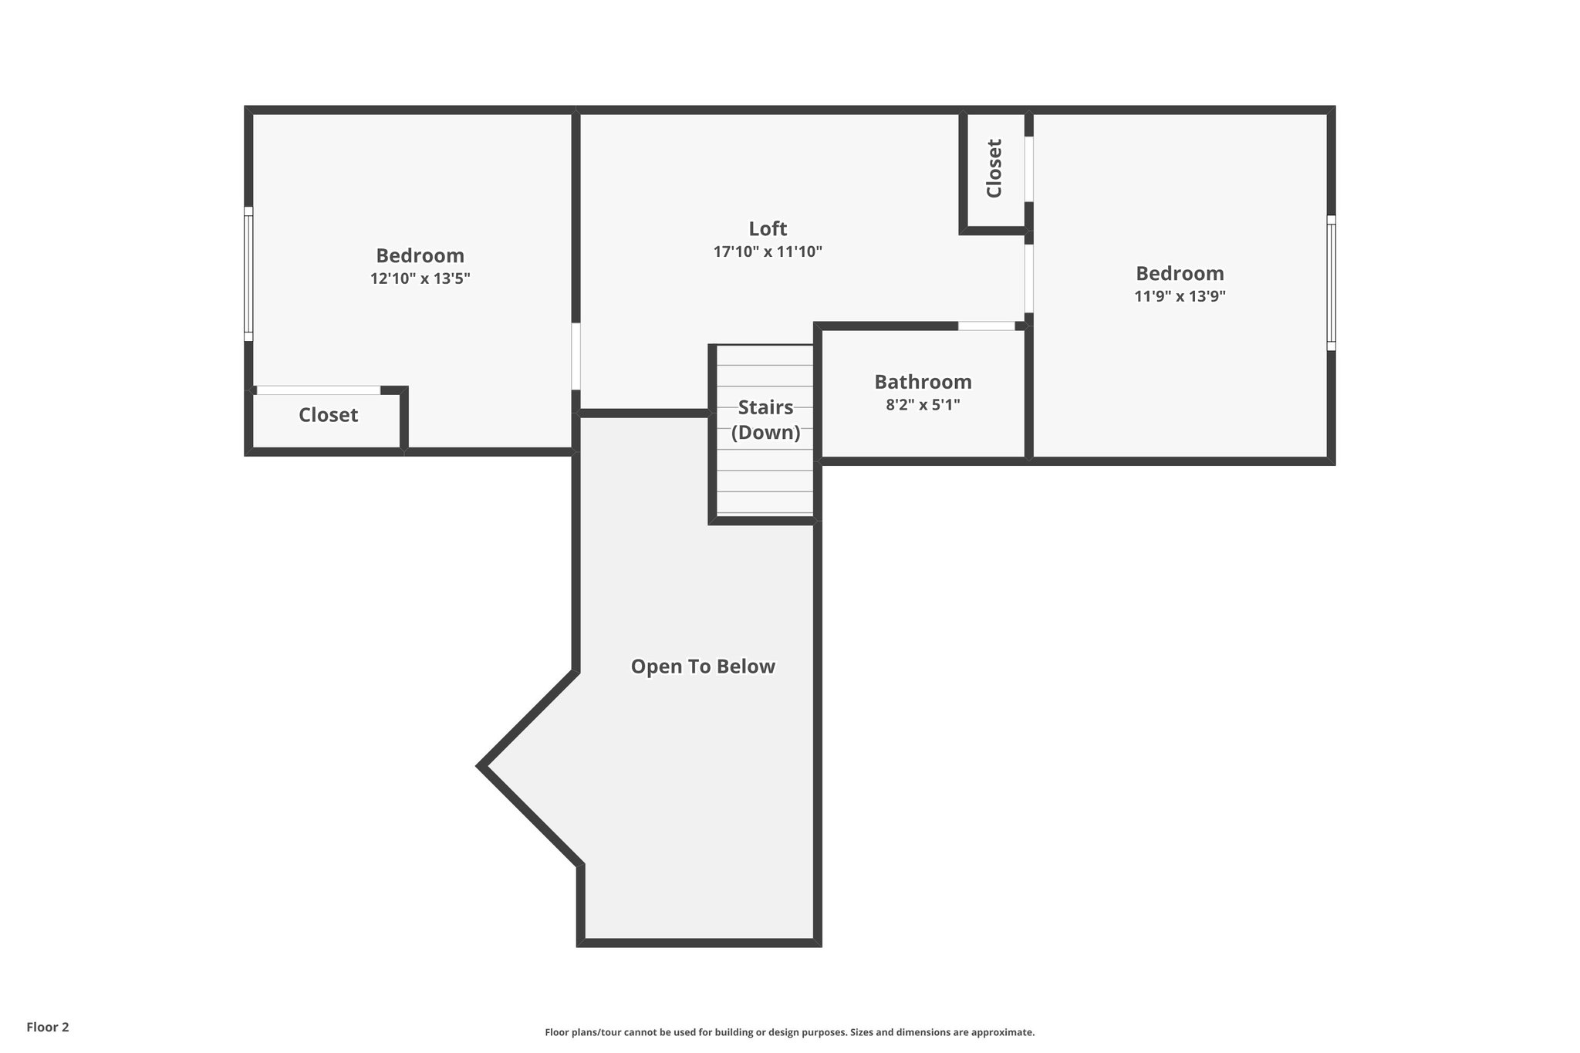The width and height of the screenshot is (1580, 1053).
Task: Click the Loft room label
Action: pos(768,228)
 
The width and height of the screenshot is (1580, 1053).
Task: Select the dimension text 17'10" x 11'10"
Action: pos(768,251)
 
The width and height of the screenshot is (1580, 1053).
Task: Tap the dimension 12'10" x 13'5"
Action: pos(420,278)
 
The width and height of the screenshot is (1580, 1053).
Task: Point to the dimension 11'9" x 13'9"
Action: pos(1180,296)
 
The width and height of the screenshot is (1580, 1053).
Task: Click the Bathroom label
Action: pos(923,382)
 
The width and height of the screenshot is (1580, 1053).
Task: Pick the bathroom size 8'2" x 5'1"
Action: pos(923,404)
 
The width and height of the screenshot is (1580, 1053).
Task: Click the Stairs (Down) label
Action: pos(765,420)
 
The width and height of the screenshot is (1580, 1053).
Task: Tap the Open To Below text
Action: pos(703,667)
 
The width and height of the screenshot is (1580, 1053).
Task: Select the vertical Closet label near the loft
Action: pos(994,168)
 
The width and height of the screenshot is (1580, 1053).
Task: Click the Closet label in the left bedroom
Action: pos(328,415)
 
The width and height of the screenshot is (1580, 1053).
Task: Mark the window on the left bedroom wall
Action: pos(248,274)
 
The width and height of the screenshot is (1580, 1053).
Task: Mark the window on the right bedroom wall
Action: pos(1331,283)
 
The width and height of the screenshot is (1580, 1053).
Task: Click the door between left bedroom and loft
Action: pos(576,356)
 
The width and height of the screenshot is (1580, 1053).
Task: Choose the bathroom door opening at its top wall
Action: pos(986,326)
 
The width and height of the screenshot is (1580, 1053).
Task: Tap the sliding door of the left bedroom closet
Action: pos(318,390)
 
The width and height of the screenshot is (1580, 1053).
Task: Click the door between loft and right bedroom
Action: pos(1028,278)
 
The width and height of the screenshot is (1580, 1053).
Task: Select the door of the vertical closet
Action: pos(1028,169)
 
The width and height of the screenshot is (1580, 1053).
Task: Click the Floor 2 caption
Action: pos(48,1027)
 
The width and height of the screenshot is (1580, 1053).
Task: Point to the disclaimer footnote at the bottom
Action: pos(789,1032)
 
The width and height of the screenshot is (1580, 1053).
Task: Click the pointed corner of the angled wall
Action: pos(481,766)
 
